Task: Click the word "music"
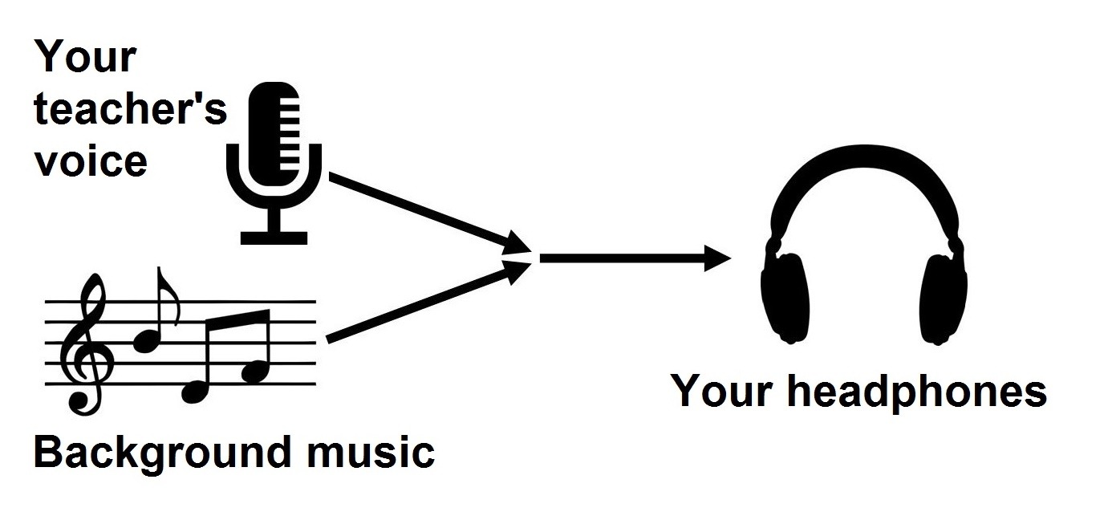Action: click(371, 451)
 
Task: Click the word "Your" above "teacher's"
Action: click(85, 56)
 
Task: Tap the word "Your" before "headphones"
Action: click(721, 390)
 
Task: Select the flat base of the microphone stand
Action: click(274, 238)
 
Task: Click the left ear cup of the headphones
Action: click(786, 297)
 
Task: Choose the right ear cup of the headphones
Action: click(943, 298)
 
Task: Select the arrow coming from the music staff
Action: click(429, 303)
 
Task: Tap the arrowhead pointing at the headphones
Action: click(717, 258)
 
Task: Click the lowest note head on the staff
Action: click(194, 392)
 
